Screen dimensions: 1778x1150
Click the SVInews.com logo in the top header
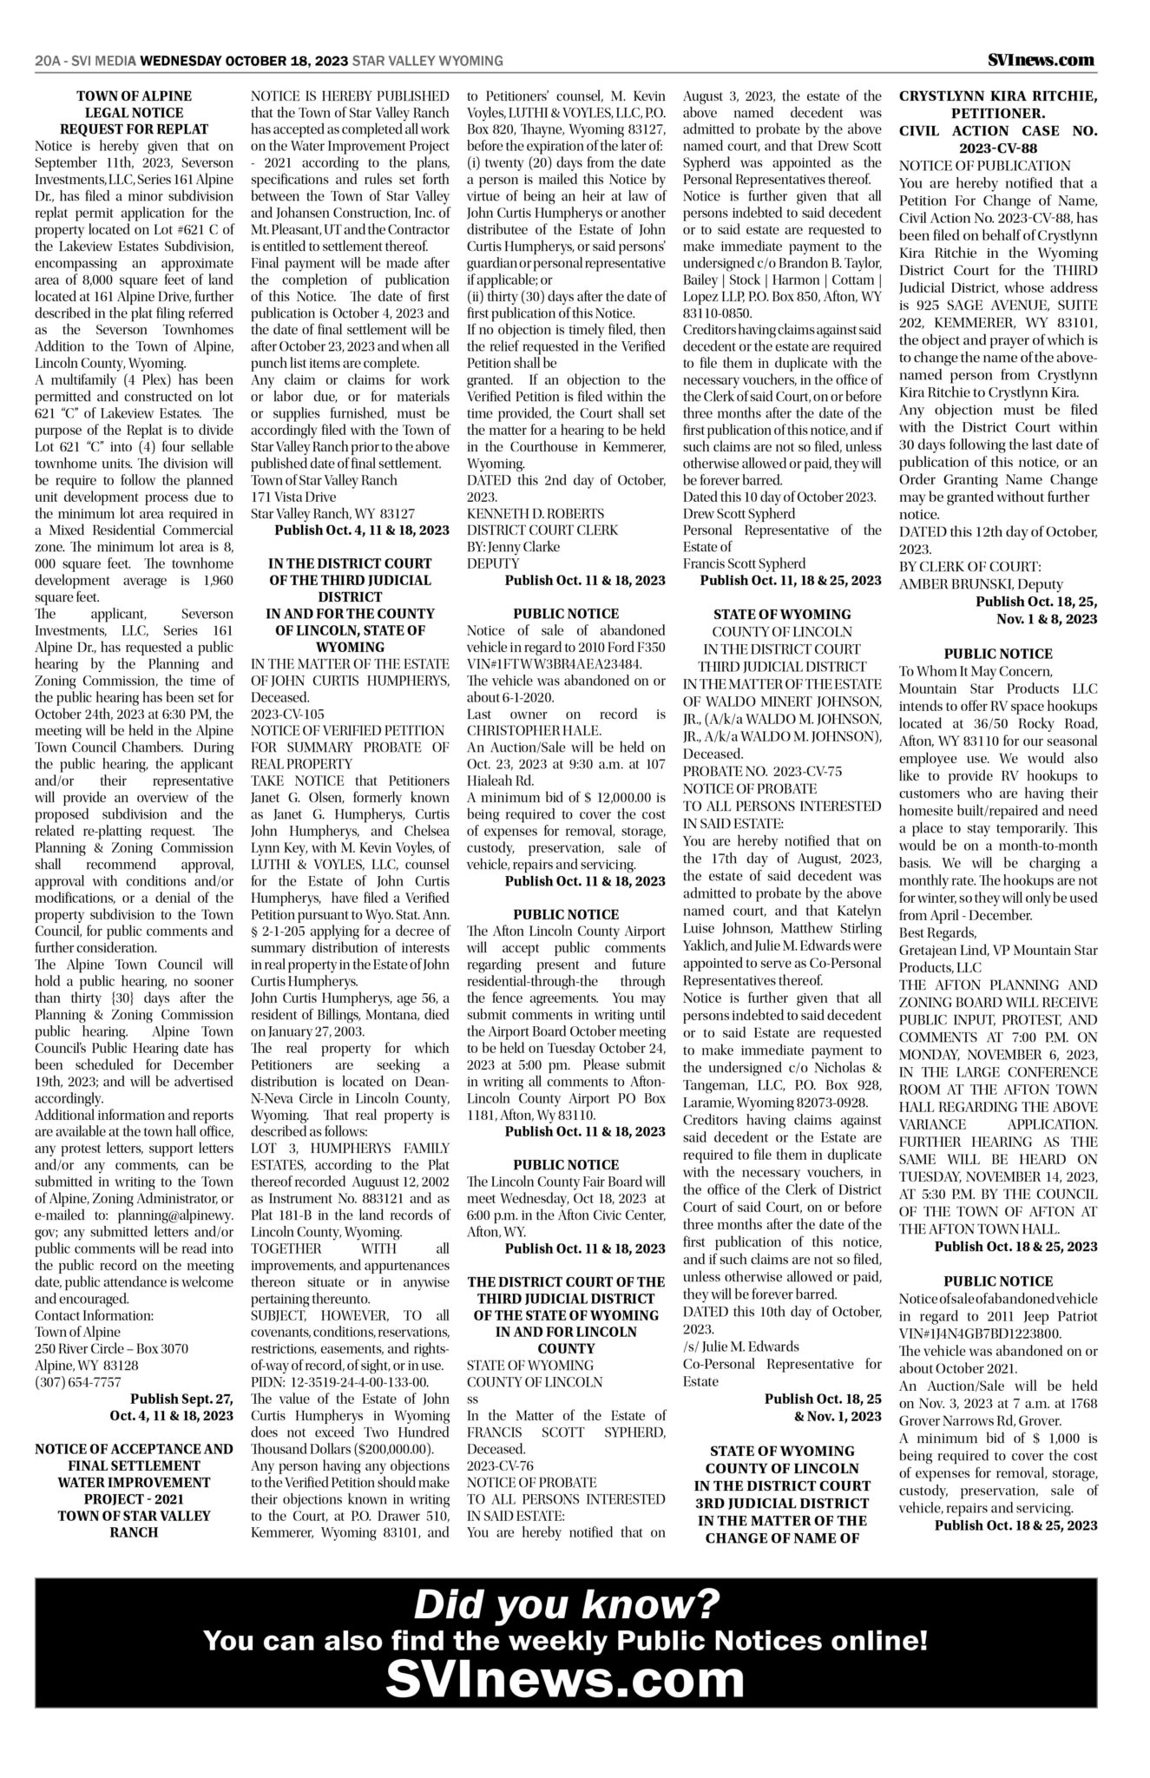point(1041,60)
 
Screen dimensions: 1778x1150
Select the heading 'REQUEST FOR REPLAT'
point(134,129)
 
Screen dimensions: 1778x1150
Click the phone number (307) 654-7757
point(78,1381)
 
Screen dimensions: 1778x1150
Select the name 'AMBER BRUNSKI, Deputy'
point(980,584)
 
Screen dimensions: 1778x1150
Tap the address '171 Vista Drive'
point(292,497)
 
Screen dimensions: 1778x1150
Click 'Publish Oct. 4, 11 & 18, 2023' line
point(362,530)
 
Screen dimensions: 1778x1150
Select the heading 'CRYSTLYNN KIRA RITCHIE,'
point(998,95)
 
